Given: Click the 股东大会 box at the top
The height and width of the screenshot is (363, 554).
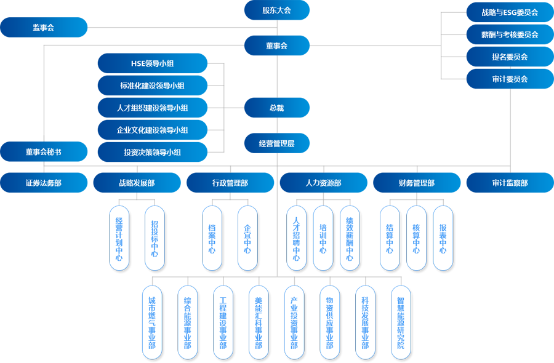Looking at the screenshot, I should [x=276, y=10].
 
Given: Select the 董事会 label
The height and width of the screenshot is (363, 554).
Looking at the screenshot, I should [x=276, y=46].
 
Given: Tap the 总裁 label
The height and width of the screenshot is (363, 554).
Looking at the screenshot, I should [x=276, y=108].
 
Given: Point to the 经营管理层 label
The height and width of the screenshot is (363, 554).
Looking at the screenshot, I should [x=276, y=143].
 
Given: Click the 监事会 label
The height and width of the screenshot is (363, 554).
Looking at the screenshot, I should [x=44, y=28].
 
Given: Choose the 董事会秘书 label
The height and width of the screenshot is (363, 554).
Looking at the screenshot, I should [x=43, y=152].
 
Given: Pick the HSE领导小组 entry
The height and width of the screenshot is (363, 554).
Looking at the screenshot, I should [x=152, y=63].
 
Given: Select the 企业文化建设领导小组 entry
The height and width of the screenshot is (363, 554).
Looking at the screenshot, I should [x=152, y=130].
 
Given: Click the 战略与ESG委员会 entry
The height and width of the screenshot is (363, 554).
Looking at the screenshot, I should [x=510, y=12].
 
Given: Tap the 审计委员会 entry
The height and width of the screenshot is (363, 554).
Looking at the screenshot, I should [x=510, y=79].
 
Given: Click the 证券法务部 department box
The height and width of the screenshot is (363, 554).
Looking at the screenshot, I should [x=43, y=183].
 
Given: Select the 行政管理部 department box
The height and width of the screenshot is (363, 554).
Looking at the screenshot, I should [x=230, y=183].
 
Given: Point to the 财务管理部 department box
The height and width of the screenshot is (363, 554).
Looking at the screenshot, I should [x=416, y=183].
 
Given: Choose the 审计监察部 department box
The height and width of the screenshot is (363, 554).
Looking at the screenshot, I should [x=510, y=183].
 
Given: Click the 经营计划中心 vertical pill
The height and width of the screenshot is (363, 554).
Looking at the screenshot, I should [x=119, y=238].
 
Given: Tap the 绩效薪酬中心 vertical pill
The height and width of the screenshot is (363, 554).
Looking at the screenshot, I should [x=350, y=238].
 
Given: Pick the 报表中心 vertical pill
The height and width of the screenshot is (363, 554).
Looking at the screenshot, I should [x=443, y=238].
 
